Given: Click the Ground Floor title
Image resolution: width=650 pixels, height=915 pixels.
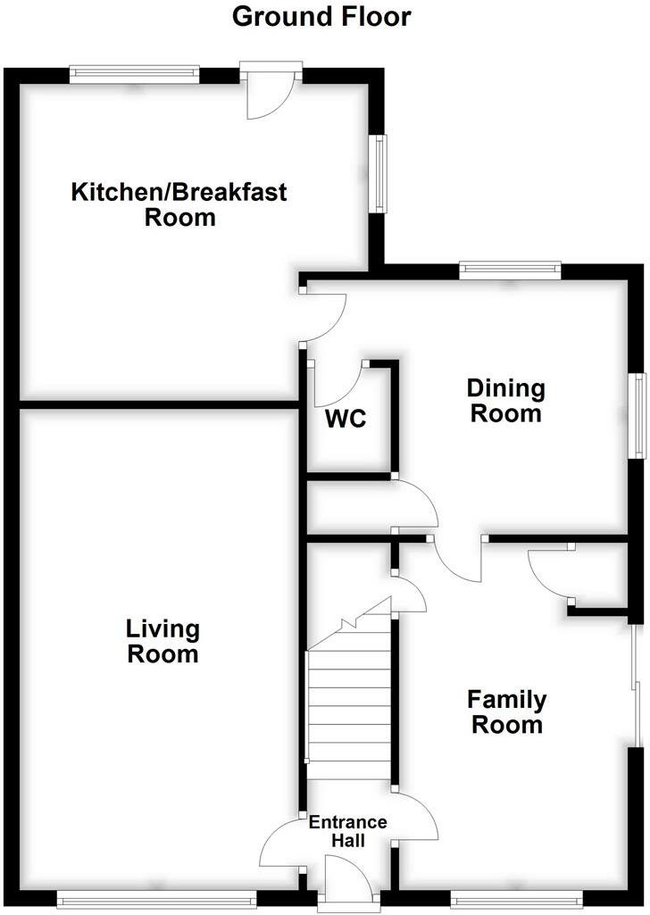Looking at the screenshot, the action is (321, 16).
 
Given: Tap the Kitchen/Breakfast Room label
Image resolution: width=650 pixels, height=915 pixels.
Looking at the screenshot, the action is (179, 204).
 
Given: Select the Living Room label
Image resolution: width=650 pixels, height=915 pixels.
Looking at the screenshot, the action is (162, 641).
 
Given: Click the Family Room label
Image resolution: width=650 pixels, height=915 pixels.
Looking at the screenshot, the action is (506, 711).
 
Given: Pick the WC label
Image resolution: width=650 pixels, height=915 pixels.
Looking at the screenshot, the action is (346, 419).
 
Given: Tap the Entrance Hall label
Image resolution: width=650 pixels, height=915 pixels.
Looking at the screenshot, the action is (347, 831).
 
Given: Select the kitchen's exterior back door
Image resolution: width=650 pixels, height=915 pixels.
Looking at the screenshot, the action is (271, 89).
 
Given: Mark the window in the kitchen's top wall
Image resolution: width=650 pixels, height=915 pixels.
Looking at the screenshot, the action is (134, 72).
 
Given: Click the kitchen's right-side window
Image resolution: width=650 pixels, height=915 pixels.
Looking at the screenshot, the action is (379, 174).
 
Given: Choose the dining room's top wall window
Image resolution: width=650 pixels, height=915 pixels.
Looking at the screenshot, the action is (510, 269).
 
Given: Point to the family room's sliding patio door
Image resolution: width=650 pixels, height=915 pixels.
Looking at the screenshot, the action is (634, 686).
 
